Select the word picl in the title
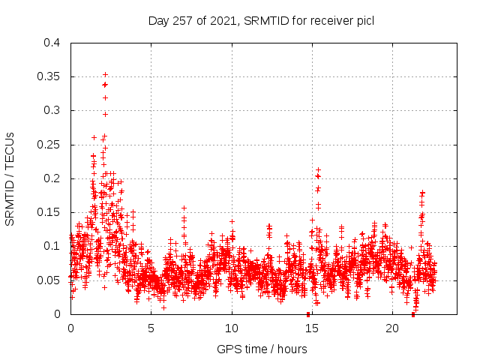364,21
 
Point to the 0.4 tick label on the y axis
52,43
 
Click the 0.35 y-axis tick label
49,76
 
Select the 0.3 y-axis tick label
52,110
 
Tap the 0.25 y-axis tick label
49,145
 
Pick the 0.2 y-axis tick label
52,178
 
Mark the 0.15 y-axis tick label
49,212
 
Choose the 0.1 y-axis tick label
52,246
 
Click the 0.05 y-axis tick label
49,280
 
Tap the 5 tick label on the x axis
151,328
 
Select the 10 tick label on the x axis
232,328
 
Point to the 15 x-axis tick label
312,328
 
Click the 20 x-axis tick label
392,328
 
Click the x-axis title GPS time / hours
262,349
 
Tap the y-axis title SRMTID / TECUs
10,178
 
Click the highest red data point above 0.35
106,74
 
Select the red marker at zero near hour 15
308,314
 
